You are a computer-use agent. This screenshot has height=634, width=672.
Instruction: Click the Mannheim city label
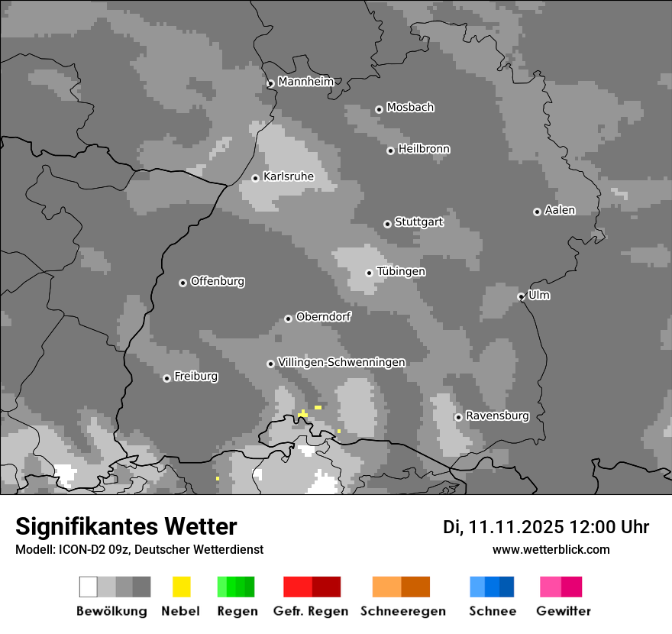point(305,82)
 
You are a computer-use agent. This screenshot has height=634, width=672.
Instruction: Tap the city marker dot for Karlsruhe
point(256,178)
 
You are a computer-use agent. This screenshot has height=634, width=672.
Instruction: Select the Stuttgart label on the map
point(419,222)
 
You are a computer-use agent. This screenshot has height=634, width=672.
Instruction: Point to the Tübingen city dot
point(370,273)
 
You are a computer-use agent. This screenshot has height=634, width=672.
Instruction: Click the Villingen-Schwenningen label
point(341,362)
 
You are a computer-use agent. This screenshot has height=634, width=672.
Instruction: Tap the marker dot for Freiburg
point(166,378)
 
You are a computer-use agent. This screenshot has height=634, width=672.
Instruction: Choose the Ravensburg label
point(497,416)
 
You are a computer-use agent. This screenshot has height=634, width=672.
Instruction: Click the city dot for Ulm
point(522,296)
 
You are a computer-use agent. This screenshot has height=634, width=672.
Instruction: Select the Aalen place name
point(560,210)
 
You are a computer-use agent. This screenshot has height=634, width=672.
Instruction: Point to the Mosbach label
point(410,108)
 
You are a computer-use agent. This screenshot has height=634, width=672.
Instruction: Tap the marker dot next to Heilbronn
point(390,150)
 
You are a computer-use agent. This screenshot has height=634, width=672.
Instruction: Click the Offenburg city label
point(218,281)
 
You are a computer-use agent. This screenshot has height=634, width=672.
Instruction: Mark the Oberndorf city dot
point(288,319)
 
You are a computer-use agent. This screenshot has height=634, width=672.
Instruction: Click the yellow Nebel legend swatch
point(181,587)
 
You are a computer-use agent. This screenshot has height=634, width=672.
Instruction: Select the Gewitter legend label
point(564,611)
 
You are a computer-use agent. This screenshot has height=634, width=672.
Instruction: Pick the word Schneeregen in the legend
point(403,611)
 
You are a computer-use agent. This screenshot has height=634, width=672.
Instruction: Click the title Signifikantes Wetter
point(126,527)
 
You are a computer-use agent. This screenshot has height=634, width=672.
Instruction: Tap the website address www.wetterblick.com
point(551,549)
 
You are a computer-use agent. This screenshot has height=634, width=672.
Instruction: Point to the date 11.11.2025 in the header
point(516,527)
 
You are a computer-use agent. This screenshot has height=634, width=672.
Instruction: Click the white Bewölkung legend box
point(89,587)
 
